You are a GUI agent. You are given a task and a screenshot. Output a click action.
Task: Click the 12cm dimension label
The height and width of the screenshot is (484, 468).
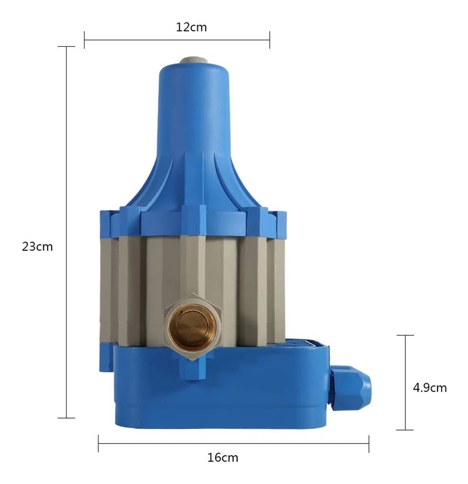click(x=191, y=27)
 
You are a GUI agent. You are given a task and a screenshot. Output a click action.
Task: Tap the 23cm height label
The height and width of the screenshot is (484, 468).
click(x=37, y=246)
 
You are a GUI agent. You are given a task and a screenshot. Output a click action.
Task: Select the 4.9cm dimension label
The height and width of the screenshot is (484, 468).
click(x=429, y=388)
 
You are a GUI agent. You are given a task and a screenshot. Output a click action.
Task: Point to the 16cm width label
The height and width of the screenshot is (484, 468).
click(x=223, y=457)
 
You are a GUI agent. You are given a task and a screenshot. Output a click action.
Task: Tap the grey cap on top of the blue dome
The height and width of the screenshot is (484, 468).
click(x=193, y=60)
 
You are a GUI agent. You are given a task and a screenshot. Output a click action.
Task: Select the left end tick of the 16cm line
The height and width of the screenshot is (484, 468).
click(x=98, y=443)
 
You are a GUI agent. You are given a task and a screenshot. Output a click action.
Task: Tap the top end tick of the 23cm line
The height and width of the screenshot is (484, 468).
click(x=66, y=47)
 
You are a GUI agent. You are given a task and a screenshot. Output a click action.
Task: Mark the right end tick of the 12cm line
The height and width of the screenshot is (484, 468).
click(x=269, y=40)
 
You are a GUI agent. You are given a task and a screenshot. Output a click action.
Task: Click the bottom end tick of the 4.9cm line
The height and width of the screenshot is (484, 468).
click(x=405, y=430)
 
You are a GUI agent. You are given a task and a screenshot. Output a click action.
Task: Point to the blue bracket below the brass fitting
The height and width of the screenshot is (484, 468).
click(x=193, y=367)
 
